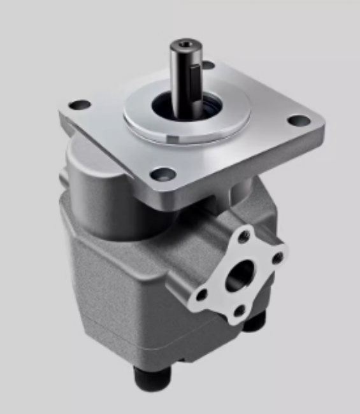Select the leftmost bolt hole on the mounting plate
click(x=80, y=104)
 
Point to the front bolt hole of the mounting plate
click(x=164, y=173)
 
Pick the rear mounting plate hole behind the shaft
click(x=208, y=64)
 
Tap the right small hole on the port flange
click(x=277, y=257)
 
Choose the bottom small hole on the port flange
click(x=239, y=311)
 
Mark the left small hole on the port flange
click(x=202, y=295)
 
